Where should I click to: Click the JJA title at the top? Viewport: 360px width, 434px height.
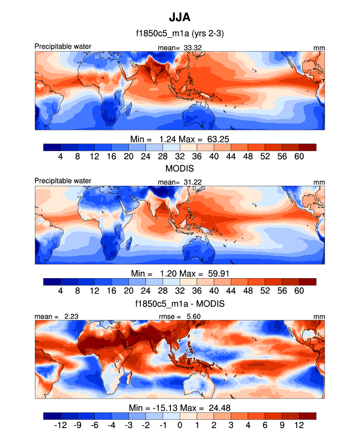180,18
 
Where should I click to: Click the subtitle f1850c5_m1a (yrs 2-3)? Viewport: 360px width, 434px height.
180,34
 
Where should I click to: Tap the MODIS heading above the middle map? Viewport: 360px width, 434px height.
180,169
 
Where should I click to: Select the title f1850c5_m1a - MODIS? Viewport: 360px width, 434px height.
180,304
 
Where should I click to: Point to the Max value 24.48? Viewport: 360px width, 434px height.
217,407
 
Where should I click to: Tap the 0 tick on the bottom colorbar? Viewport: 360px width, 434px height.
180,425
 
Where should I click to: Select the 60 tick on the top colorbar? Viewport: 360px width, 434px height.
299,156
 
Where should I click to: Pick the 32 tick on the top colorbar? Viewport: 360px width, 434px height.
180,156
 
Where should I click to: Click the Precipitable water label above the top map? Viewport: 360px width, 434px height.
63,47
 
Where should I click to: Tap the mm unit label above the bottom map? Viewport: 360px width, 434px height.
319,317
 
